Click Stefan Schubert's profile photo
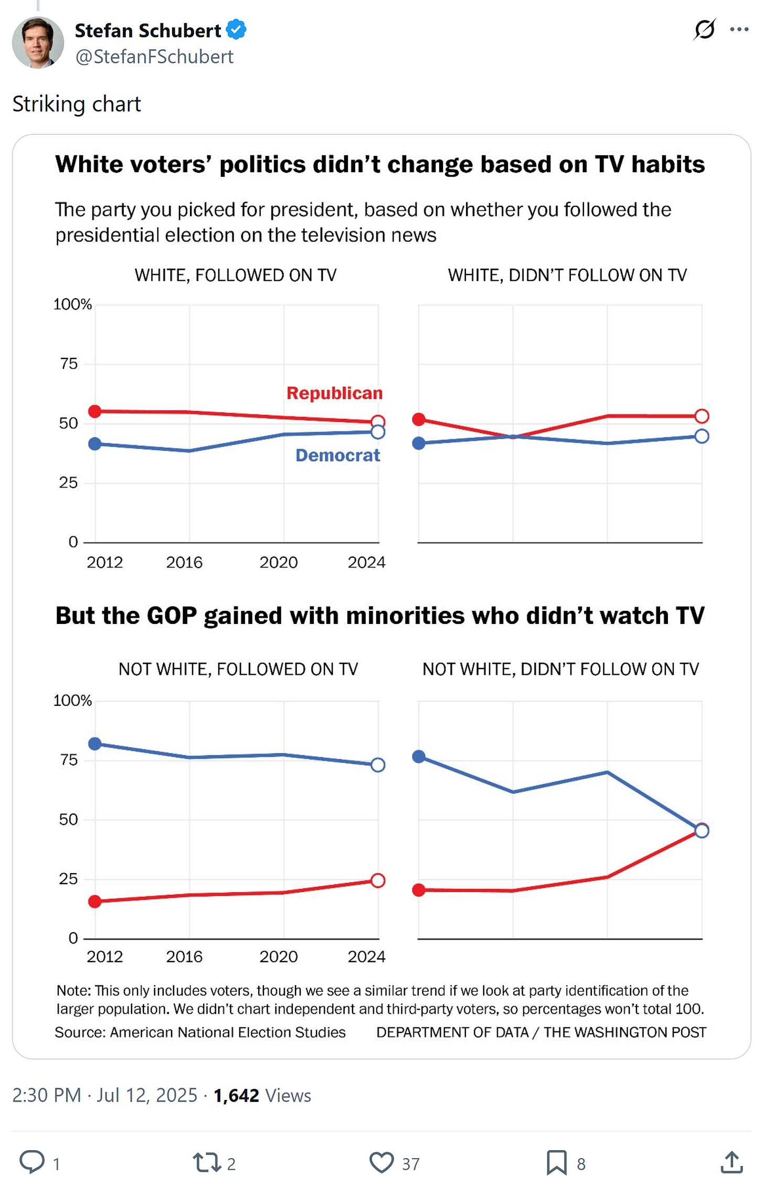click(38, 42)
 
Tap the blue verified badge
click(236, 30)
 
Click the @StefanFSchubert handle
click(154, 57)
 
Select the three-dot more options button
click(739, 29)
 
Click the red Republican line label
click(334, 393)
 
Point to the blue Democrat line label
click(337, 455)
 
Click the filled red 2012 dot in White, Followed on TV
click(95, 411)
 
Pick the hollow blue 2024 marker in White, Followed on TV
click(378, 432)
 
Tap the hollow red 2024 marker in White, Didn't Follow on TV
click(702, 416)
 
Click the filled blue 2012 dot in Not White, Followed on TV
click(95, 744)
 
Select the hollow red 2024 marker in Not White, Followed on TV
click(378, 881)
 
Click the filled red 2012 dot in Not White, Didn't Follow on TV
click(419, 890)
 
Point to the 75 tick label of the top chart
click(69, 364)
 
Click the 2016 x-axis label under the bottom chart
click(184, 957)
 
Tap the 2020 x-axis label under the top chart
click(278, 563)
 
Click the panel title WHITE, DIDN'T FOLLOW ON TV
click(567, 275)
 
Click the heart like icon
click(381, 1162)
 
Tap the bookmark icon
click(556, 1162)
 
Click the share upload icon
click(731, 1162)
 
